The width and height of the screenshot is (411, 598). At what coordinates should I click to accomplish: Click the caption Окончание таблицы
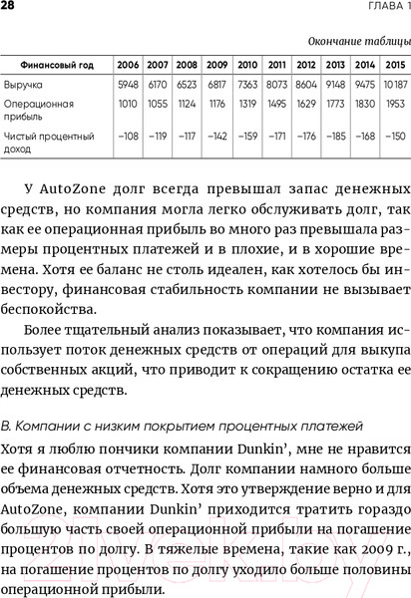point(359,41)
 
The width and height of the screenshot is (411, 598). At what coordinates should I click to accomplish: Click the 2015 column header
point(395,64)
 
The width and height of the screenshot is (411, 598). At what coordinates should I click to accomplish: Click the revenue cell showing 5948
point(127,84)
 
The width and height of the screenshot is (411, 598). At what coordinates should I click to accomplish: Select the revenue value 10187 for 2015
point(395,84)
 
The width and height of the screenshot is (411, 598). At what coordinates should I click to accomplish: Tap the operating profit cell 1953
point(395,104)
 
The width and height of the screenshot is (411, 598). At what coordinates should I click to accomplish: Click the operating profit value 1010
point(127,104)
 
